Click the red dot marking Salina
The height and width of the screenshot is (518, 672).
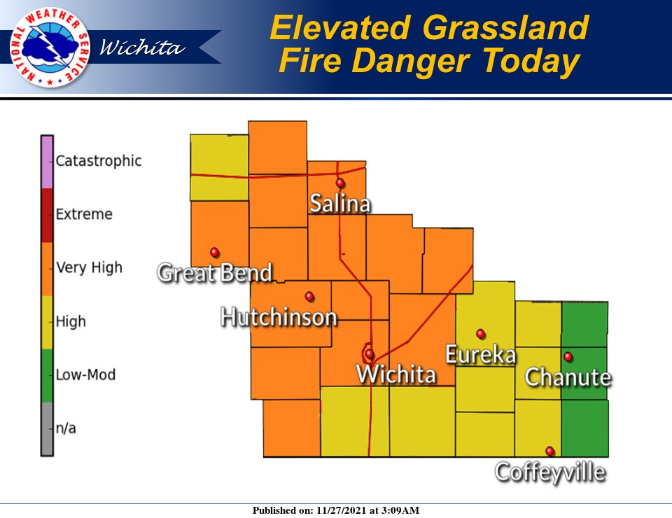pos(340,183)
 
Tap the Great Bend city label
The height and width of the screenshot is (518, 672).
pos(215,272)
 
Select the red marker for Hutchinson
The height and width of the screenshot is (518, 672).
pos(309,296)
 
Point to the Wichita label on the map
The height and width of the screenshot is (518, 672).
pos(396,373)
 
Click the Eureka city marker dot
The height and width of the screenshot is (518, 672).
pos(481,333)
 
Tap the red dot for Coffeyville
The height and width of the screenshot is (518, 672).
pos(550,451)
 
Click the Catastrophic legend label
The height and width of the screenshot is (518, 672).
pos(98,161)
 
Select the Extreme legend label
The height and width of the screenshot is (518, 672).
pos(84,214)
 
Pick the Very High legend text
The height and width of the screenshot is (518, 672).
pos(89,267)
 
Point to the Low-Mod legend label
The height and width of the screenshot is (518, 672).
pos(85,374)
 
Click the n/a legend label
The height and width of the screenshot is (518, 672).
pos(66,428)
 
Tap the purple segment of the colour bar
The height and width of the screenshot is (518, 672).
pos(47,162)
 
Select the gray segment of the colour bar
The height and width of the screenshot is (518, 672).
pos(47,429)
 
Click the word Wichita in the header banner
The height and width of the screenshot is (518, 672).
pos(143,48)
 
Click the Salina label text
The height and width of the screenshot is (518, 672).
pos(340,204)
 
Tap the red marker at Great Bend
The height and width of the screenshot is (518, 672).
pos(214,252)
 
